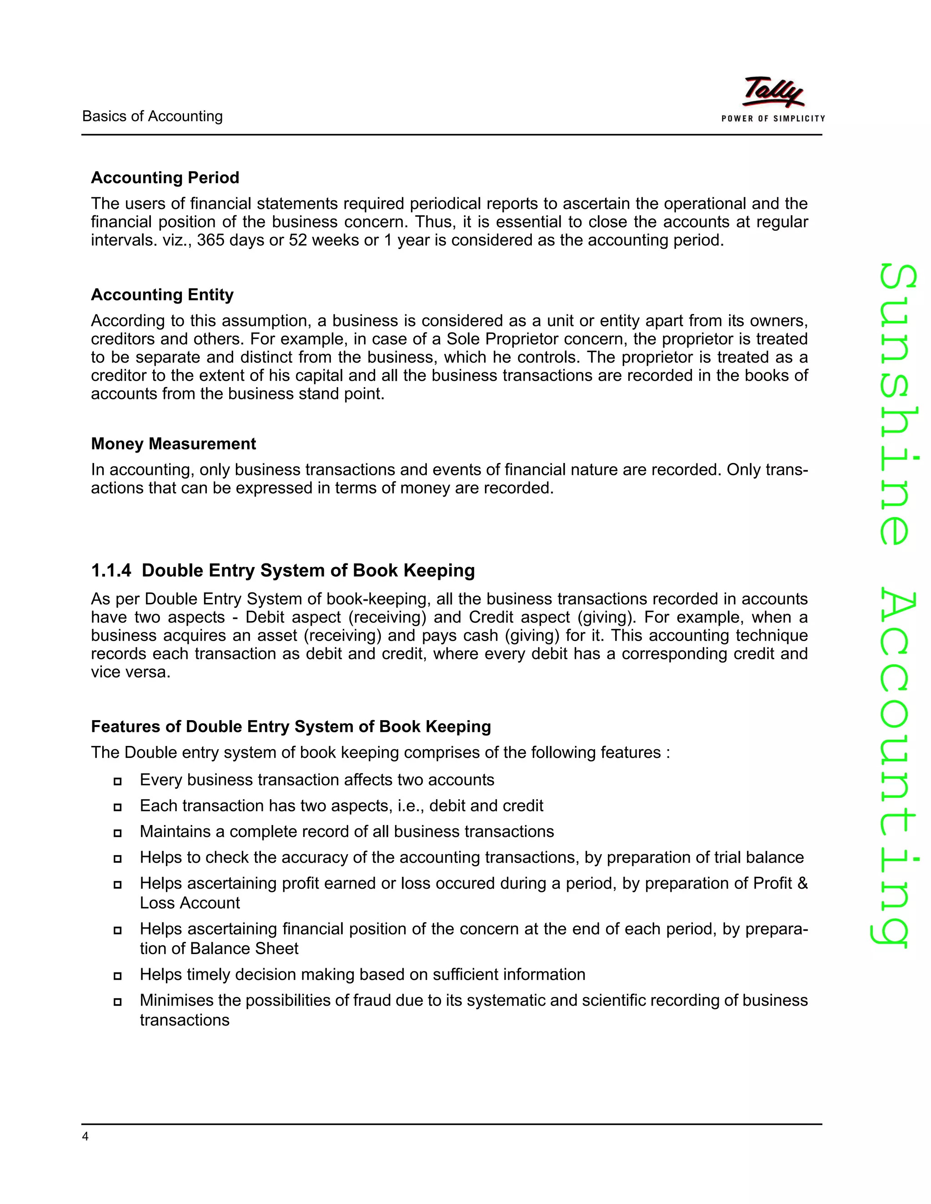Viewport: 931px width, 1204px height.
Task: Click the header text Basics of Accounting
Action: point(152,116)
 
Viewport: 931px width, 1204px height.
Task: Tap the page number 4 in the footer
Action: point(85,1136)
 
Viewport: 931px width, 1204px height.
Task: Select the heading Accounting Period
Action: point(165,178)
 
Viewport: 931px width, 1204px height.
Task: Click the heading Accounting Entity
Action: point(162,294)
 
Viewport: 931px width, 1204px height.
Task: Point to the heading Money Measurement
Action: point(173,444)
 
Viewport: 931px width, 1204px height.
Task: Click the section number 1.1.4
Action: point(111,571)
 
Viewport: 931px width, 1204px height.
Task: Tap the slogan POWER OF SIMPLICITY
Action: point(773,119)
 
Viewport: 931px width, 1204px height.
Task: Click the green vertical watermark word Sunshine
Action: point(897,405)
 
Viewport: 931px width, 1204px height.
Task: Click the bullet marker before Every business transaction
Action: point(117,781)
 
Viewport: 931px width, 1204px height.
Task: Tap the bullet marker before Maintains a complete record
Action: point(117,833)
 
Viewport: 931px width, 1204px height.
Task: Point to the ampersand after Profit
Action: point(802,883)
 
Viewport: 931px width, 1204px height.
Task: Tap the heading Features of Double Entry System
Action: point(290,726)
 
